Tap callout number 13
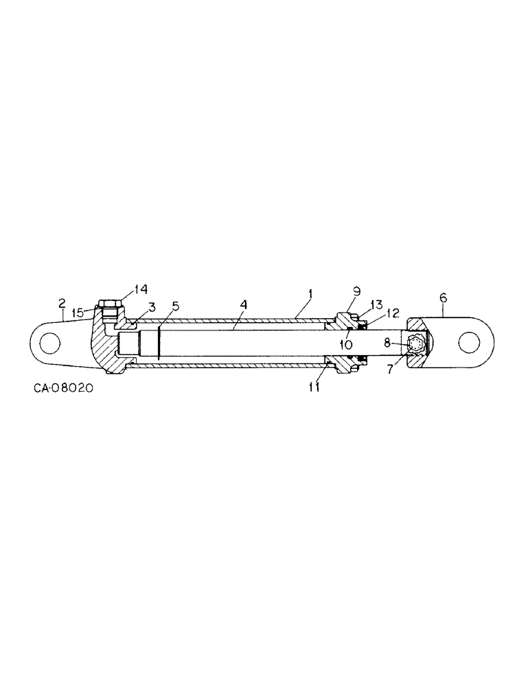click(376, 304)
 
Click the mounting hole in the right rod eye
click(470, 341)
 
